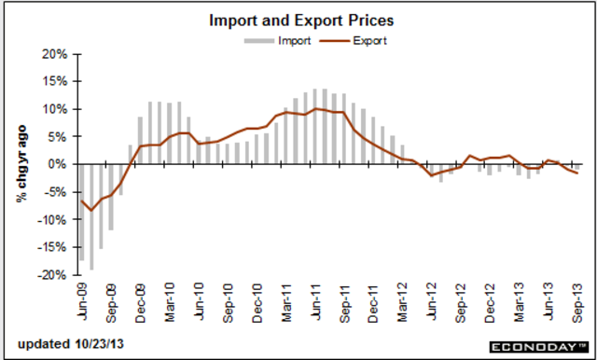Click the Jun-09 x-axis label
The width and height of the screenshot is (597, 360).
pyautogui.click(x=81, y=299)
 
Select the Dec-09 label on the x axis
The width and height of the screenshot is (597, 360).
pyautogui.click(x=140, y=299)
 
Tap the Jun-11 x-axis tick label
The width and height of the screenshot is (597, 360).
pyautogui.click(x=318, y=299)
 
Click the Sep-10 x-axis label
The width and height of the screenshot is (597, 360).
pyautogui.click(x=229, y=299)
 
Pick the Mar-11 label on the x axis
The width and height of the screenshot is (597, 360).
pyautogui.click(x=288, y=299)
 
